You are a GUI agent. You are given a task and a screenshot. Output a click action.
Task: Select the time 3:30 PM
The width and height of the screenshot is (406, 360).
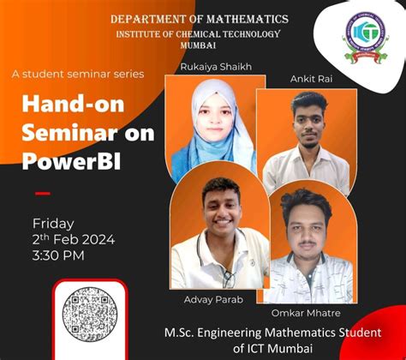(x=58, y=255)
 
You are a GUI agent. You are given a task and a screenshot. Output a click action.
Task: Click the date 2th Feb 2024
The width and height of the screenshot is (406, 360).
(x=74, y=239)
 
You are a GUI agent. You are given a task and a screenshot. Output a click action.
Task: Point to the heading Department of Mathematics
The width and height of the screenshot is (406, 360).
(x=200, y=19)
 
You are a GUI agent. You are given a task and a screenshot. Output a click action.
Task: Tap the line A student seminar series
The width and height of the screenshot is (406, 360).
(x=78, y=74)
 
